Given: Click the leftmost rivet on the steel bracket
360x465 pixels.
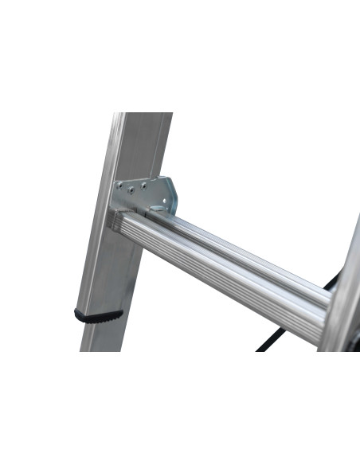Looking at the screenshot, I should [119, 188].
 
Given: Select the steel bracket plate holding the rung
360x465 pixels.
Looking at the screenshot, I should [147, 195].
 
